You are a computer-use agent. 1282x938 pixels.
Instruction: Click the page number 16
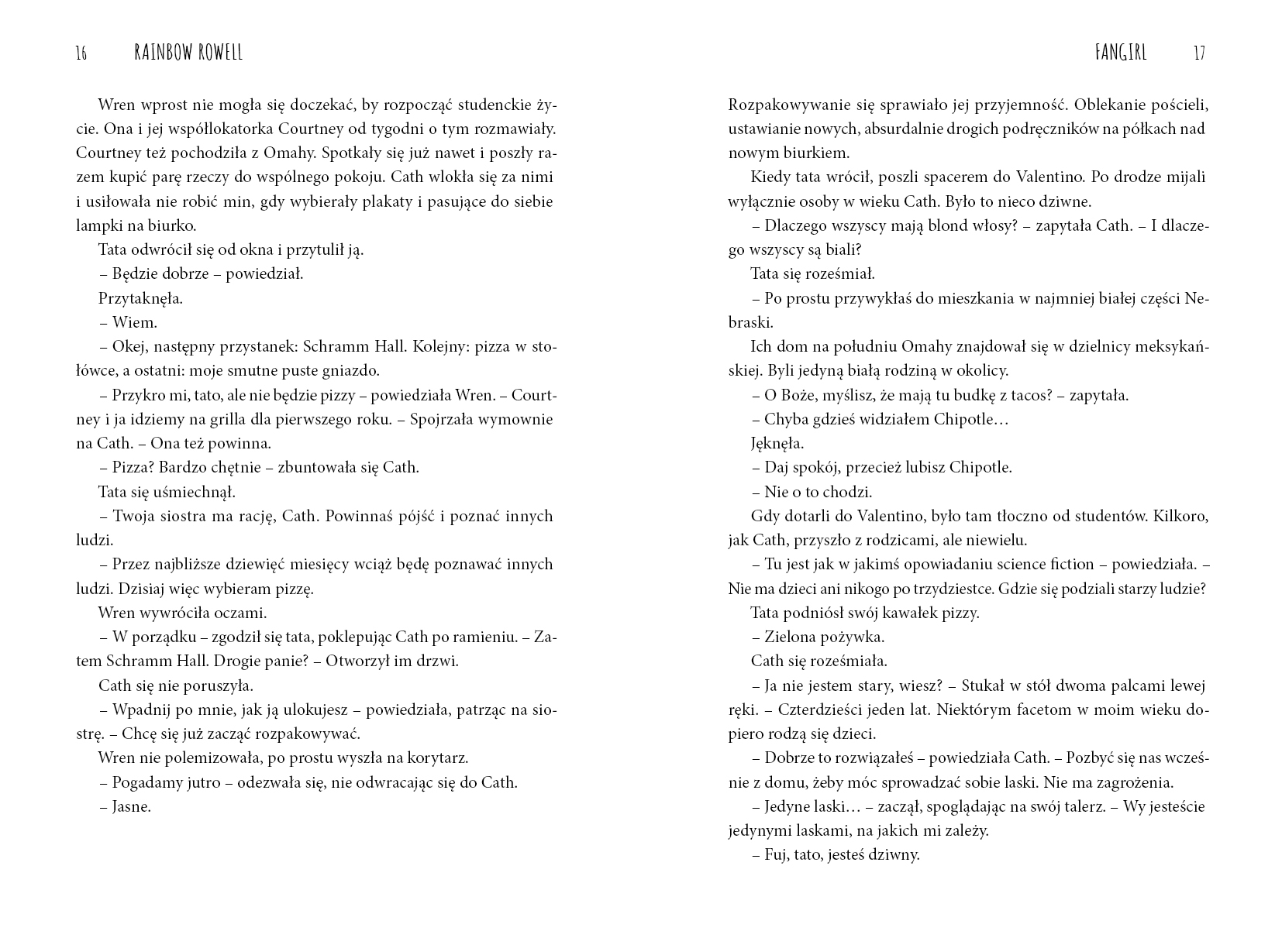(81, 53)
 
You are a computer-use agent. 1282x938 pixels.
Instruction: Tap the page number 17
(1199, 53)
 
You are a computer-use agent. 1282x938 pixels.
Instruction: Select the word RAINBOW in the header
(166, 53)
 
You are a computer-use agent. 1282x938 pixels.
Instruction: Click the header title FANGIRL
(1121, 53)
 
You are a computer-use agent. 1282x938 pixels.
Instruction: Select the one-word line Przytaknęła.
(140, 298)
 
